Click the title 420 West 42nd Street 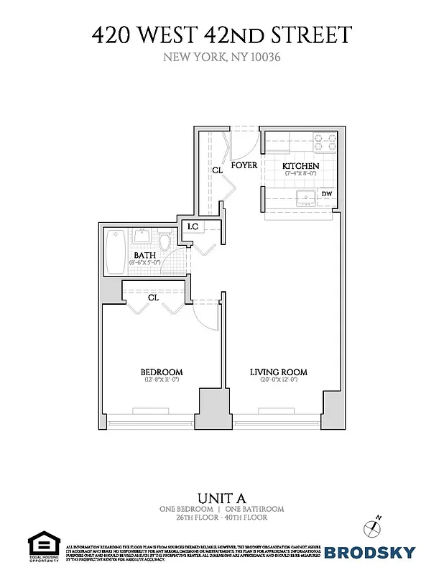(x=222, y=35)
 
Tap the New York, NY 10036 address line (x=222, y=57)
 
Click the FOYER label (x=244, y=165)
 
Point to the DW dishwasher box (x=326, y=194)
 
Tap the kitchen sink (x=305, y=197)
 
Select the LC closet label (x=193, y=227)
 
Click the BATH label (x=145, y=254)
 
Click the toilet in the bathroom (x=165, y=241)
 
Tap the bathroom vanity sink (x=141, y=236)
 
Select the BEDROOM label (x=161, y=372)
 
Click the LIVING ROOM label (x=279, y=372)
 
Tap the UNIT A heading (x=222, y=497)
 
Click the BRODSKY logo (x=370, y=552)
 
